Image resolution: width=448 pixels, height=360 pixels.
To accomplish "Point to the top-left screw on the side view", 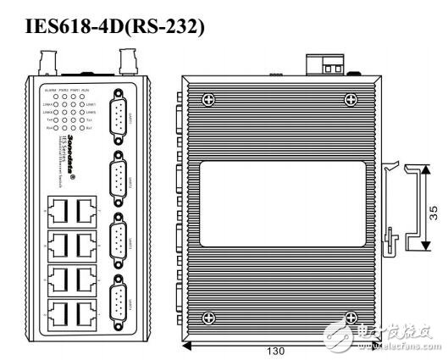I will coord(208,100).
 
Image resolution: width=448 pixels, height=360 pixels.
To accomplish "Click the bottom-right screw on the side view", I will coord(349,318).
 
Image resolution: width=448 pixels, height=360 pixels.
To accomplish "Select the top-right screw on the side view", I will coord(349,100).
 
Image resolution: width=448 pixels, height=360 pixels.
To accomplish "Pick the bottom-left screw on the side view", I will coord(208,318).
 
